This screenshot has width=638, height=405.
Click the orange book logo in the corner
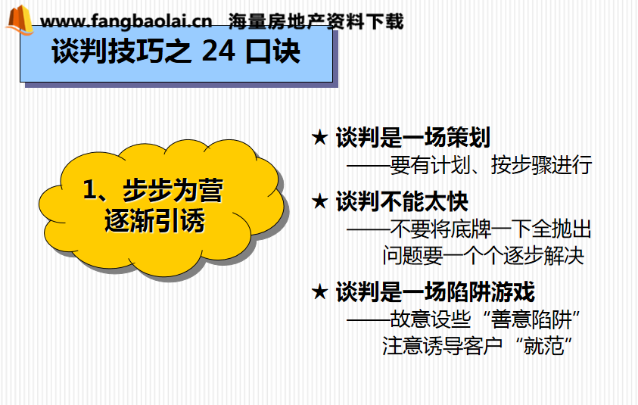click(x=20, y=20)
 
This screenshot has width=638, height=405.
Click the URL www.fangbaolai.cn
click(x=126, y=20)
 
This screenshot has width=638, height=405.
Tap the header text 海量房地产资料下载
click(x=316, y=21)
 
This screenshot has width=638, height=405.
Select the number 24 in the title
click(x=218, y=51)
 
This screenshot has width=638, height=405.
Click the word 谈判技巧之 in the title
click(x=121, y=51)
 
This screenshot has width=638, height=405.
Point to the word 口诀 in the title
click(x=273, y=51)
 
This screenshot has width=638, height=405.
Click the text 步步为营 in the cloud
click(x=173, y=190)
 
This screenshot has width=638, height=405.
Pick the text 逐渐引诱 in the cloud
click(x=154, y=220)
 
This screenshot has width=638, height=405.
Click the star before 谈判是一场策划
click(x=320, y=137)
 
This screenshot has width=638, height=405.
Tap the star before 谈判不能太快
click(x=320, y=201)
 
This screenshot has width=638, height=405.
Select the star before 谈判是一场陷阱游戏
click(x=320, y=292)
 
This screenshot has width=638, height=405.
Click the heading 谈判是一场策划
click(x=413, y=137)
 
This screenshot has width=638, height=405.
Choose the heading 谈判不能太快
click(x=402, y=201)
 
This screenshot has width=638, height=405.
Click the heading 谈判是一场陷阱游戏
click(x=435, y=292)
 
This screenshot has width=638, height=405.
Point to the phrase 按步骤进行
click(x=541, y=165)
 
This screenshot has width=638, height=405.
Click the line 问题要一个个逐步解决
click(x=484, y=256)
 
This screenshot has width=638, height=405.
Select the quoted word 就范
click(x=543, y=346)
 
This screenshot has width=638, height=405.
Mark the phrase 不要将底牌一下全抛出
click(x=490, y=229)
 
